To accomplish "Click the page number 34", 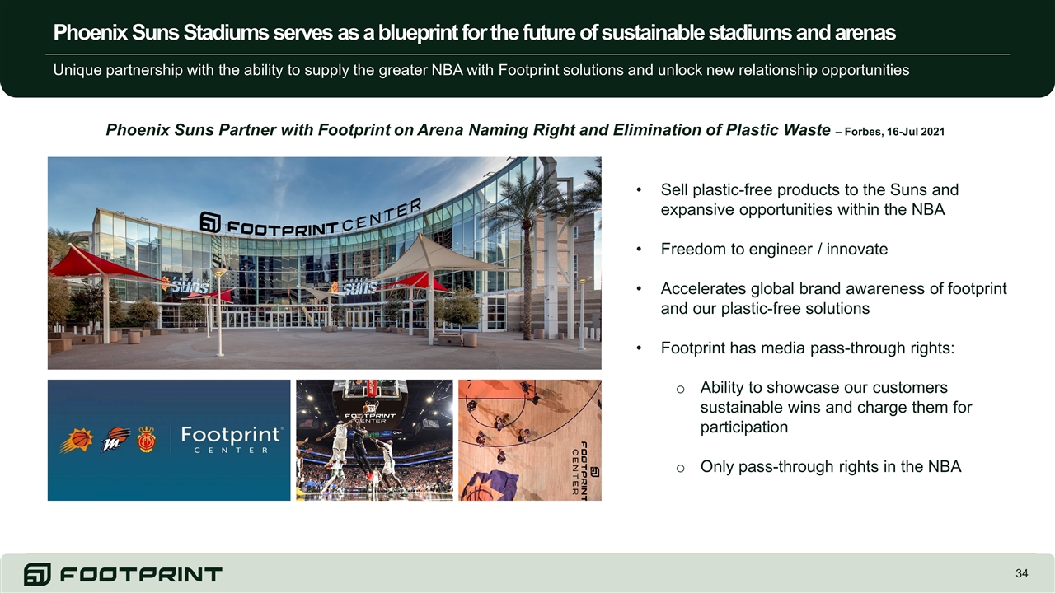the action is pos(1021,573).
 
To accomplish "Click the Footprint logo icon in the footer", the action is pos(37,574).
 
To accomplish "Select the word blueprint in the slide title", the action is pos(418,32).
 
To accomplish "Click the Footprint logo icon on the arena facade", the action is pos(210,222).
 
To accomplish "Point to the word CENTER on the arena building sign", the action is pos(382,215).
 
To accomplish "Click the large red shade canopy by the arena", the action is pos(101,266).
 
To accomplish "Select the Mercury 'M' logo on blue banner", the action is pos(115,440).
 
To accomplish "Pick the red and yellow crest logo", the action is pos(147,440).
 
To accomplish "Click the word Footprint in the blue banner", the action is pos(231,435).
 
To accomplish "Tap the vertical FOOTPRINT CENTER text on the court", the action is pos(579,469).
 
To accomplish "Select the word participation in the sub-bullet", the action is pos(743,427).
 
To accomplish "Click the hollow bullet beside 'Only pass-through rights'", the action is pos(680,468).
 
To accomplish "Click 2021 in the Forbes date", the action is pos(932,132).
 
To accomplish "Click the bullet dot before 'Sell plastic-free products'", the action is pos(639,190).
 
